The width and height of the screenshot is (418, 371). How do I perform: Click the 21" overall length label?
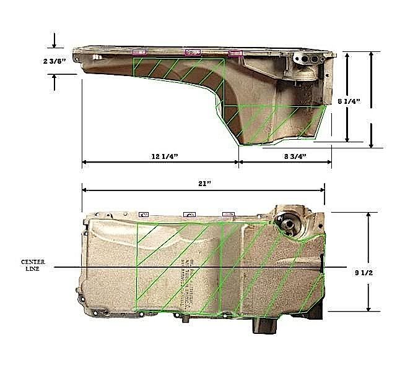coord(204,183)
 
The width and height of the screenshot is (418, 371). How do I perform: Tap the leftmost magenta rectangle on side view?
coord(139,53)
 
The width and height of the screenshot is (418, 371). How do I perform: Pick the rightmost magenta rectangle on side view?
coord(235,54)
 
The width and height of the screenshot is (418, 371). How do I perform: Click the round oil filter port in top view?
coord(289,221)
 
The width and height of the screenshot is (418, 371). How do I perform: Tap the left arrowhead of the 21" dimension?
coord(84,190)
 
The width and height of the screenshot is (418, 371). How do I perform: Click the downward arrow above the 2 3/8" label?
coord(55,44)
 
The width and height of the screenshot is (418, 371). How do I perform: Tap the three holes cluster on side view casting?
coord(308,61)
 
